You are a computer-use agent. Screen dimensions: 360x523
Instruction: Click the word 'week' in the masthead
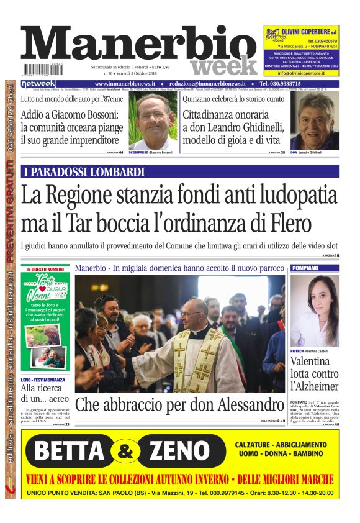pyautogui.click(x=223, y=65)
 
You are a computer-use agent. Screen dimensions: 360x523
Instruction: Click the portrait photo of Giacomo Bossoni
pyautogui.click(x=153, y=120)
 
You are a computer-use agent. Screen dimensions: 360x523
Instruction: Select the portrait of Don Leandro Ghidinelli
pyautogui.click(x=315, y=121)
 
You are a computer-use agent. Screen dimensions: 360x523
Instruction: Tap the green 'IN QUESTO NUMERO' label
pyautogui.click(x=47, y=270)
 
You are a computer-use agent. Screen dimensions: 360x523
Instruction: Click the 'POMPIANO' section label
pyautogui.click(x=305, y=268)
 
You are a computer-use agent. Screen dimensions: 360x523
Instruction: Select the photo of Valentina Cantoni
pyautogui.click(x=314, y=311)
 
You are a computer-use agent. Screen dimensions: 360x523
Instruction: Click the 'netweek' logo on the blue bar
pyautogui.click(x=39, y=84)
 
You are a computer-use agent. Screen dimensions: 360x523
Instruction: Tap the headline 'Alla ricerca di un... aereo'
pyautogui.click(x=43, y=392)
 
